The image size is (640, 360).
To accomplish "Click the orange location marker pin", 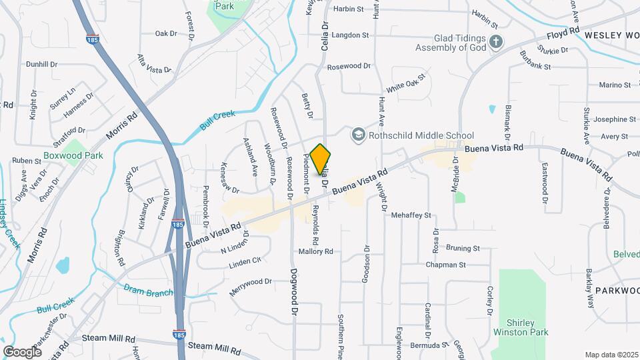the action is coord(321,159).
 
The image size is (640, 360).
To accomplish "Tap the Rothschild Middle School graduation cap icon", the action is coord(359,135).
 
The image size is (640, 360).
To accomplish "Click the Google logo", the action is coord(23,351).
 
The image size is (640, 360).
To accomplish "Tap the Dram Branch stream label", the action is coord(149,291).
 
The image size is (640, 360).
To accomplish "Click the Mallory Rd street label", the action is coord(315,252).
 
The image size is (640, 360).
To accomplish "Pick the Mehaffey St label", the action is coord(411,215).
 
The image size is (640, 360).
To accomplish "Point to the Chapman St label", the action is coord(447,265).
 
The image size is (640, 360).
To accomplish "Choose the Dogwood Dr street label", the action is coord(294,292).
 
